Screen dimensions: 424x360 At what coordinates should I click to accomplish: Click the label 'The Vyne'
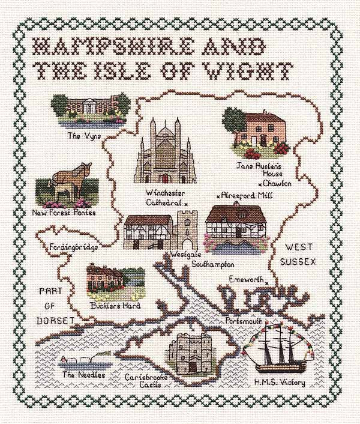click(83, 136)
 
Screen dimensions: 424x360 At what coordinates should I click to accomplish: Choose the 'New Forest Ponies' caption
click(65, 213)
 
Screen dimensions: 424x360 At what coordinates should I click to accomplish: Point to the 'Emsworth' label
click(247, 278)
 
